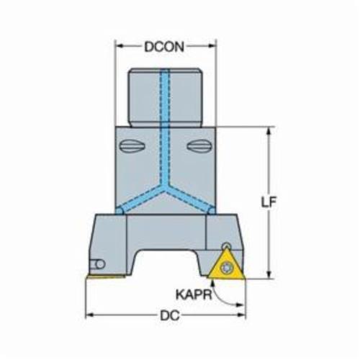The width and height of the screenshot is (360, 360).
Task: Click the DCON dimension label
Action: [164, 47]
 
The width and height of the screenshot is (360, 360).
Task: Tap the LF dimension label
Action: [269, 202]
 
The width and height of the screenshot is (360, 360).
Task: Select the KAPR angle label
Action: [194, 294]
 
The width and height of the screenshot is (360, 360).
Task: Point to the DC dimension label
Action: [170, 315]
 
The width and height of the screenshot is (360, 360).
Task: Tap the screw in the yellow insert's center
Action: [227, 268]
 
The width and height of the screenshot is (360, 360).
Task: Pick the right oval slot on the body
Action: [199, 145]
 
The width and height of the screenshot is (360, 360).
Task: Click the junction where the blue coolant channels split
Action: [165, 187]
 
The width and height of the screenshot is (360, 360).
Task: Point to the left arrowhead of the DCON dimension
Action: [120, 46]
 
